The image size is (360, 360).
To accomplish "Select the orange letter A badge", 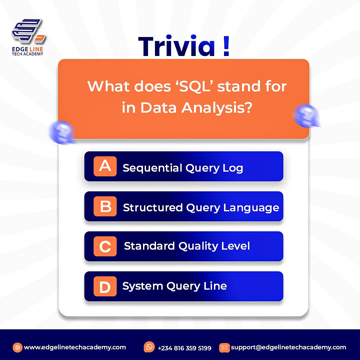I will tap(105, 166).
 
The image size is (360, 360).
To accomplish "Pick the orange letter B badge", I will tap(105, 206).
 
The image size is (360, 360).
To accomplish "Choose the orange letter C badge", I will tap(105, 246).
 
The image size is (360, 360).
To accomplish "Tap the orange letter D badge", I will tap(105, 286).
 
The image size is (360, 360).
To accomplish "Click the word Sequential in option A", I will tap(152, 168).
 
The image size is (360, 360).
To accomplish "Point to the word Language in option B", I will tap(251, 208).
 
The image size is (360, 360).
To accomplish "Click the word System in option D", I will tap(140, 286).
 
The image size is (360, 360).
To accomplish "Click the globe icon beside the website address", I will tap(18, 347).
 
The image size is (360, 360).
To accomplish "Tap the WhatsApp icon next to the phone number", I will tap(149, 347).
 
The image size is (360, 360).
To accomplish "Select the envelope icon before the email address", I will tap(224, 348).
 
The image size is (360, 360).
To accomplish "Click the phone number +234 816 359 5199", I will tap(184, 348).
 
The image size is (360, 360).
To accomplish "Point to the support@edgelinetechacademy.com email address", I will tap(288, 347).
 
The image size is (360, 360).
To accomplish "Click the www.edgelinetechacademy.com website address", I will tap(75, 347).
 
